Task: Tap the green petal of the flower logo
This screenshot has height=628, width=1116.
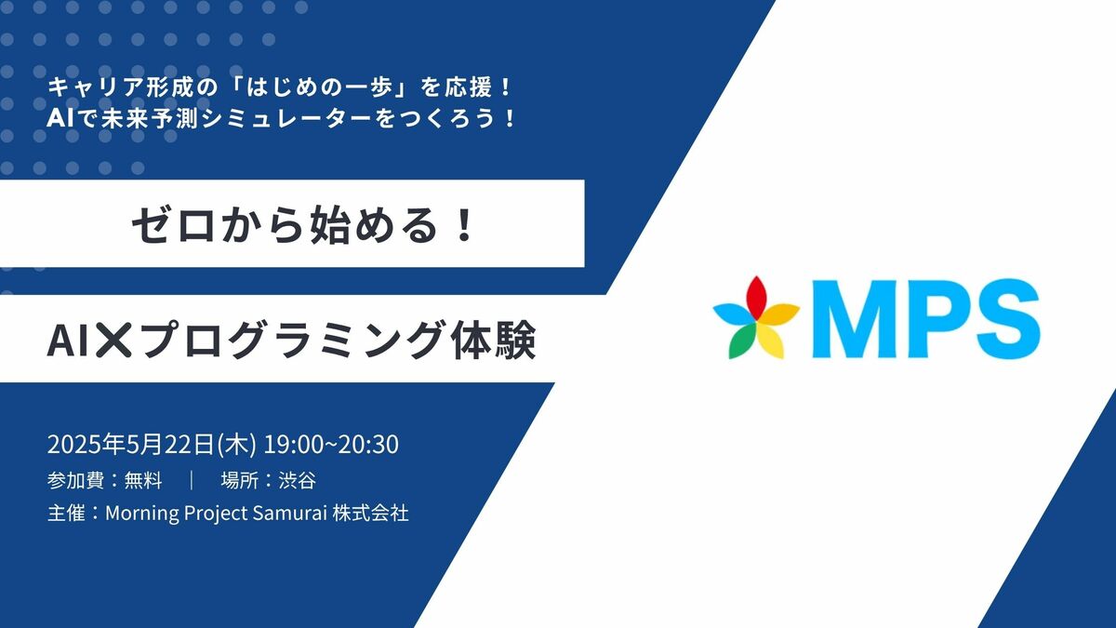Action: coord(740,342)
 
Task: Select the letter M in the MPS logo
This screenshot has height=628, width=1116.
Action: coord(856,319)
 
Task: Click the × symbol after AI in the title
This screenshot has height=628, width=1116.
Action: coord(113,340)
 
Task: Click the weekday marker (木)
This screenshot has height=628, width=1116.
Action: coord(236,444)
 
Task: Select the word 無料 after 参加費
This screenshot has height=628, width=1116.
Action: coord(143,480)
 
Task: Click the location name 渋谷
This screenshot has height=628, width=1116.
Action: coord(297,480)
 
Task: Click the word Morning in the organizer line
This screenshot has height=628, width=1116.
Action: coord(142,514)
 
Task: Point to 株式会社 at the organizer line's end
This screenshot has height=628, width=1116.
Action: coord(371,513)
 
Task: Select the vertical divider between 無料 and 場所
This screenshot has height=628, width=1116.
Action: coord(192,480)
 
